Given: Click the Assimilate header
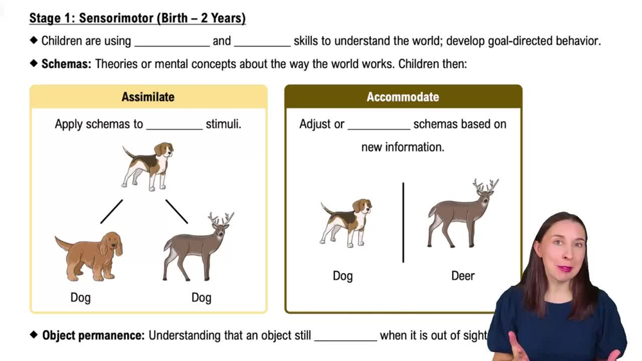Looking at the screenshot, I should (x=148, y=97).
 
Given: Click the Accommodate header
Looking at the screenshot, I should (x=403, y=97).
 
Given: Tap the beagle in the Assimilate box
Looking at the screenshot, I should (x=148, y=166).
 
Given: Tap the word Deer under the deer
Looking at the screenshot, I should (x=462, y=276).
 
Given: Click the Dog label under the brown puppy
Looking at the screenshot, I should (x=80, y=297).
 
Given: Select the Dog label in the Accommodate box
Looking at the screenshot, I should (x=343, y=276).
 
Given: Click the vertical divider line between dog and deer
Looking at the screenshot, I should (x=403, y=222).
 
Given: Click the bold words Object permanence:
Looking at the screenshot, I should (x=93, y=335).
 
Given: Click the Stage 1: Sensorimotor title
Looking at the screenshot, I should (x=137, y=18).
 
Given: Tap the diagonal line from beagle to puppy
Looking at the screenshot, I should (x=111, y=211).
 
